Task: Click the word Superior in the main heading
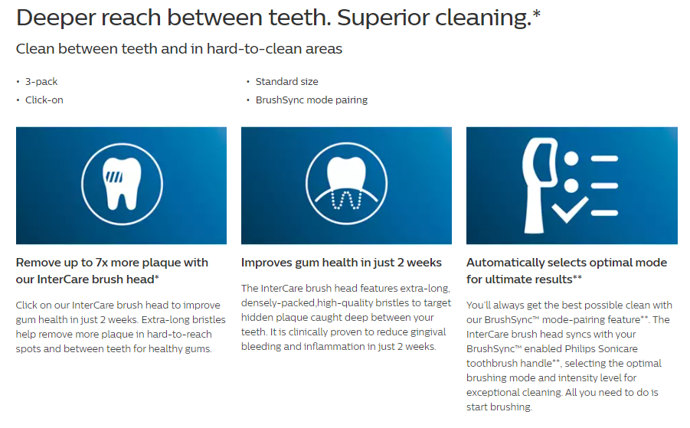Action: click(x=383, y=18)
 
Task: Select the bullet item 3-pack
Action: click(x=41, y=82)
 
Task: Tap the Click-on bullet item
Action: click(x=44, y=100)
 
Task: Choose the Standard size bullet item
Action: click(x=287, y=82)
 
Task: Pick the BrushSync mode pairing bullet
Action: click(x=312, y=100)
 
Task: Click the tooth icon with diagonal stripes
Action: click(x=122, y=184)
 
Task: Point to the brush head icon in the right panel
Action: click(x=540, y=185)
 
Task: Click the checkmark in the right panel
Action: click(x=570, y=209)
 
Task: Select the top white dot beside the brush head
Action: click(x=571, y=158)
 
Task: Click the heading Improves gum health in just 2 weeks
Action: click(x=341, y=263)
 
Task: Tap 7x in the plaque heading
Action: click(x=102, y=263)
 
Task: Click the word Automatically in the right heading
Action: click(x=505, y=263)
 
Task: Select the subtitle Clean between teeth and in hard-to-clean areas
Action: click(x=179, y=48)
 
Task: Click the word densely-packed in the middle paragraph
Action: click(x=278, y=303)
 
